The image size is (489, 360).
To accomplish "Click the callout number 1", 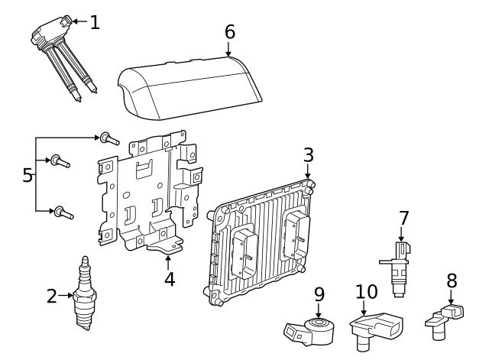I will [94, 23].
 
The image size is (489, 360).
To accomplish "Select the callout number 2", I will [51, 296].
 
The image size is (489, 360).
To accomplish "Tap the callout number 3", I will [308, 155].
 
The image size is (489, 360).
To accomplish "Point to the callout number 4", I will [170, 279].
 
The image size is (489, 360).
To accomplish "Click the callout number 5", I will [28, 176].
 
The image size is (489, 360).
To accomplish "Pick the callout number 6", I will [229, 33].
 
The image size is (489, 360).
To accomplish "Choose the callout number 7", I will [404, 219].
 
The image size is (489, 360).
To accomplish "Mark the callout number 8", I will [452, 281].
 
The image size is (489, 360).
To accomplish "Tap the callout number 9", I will [319, 294].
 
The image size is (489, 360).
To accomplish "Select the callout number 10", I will [367, 291].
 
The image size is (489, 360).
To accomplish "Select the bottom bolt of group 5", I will [63, 212].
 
